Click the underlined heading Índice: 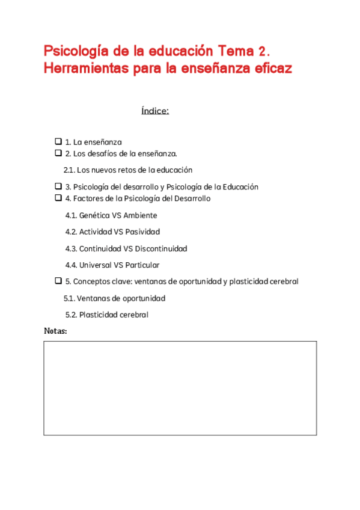pos(154,111)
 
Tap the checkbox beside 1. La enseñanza pos(58,142)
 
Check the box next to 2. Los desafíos pos(58,153)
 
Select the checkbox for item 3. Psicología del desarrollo pos(58,186)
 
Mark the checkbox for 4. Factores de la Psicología pos(58,198)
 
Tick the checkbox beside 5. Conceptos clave pos(58,281)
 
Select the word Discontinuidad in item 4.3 pos(161,248)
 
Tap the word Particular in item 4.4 pos(141,265)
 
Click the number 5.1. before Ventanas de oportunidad pos(70,298)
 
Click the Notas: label pos(55,331)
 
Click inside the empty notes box pos(180,388)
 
